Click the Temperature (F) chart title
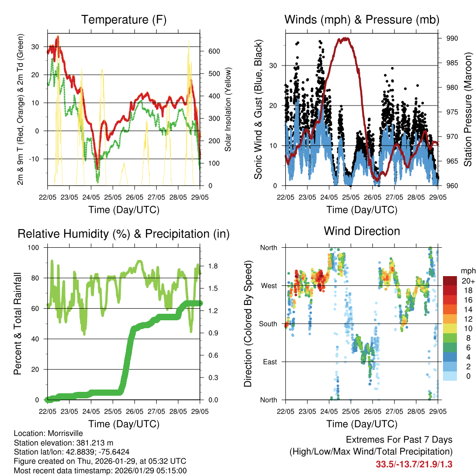point(124,20)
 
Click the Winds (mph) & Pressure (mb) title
point(362,20)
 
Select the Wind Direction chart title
point(362,231)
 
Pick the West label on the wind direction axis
point(268,285)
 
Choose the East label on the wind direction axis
point(269,362)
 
